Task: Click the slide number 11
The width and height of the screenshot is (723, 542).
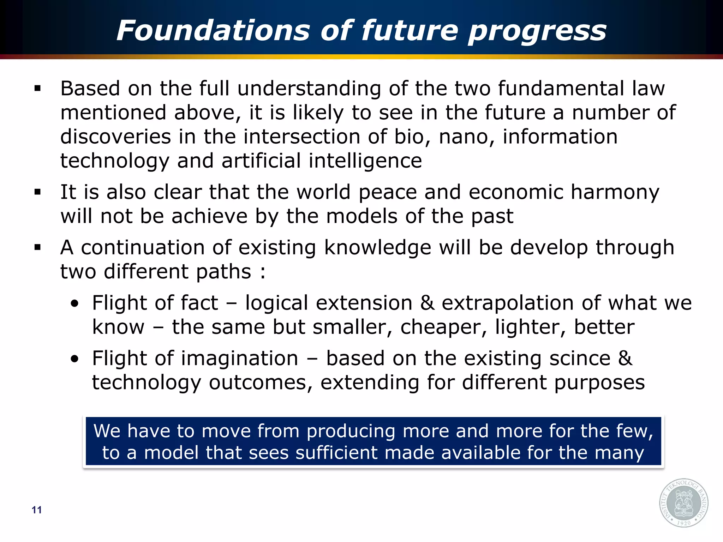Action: point(37,510)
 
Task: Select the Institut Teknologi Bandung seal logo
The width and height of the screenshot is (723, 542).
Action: point(683,502)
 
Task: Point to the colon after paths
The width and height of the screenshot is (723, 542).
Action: point(262,272)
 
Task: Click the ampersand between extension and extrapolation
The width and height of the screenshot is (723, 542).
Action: point(427,303)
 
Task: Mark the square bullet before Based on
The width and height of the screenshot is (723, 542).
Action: point(38,89)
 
